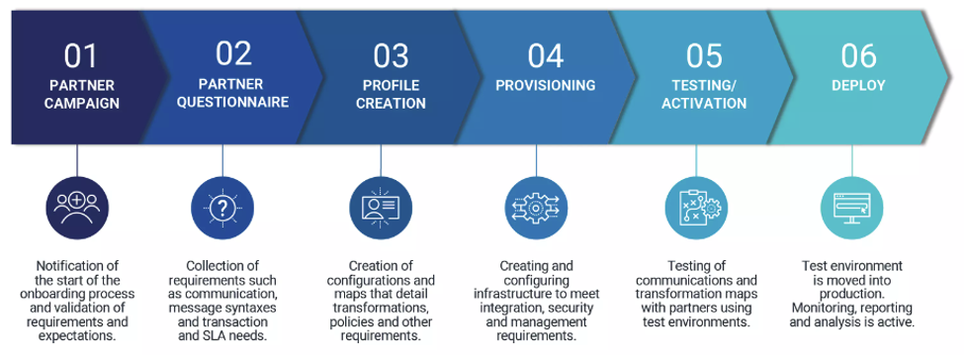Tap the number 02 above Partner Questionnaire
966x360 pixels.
[x=233, y=53]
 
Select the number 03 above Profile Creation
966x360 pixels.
[x=391, y=54]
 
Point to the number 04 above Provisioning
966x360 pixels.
[x=546, y=54]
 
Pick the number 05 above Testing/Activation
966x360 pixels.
[x=704, y=54]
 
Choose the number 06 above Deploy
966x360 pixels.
[x=858, y=54]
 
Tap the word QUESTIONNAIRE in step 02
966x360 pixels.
[x=233, y=102]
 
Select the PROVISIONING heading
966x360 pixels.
[x=546, y=85]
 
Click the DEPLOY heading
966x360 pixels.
[x=858, y=85]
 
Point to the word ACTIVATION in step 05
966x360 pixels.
[x=704, y=103]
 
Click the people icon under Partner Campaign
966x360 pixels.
[x=77, y=206]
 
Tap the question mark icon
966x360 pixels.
[x=222, y=206]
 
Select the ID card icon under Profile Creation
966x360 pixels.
[x=381, y=206]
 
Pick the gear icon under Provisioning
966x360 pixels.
[x=537, y=206]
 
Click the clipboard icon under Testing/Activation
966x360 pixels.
[x=696, y=206]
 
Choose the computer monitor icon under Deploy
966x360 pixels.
[x=851, y=206]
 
